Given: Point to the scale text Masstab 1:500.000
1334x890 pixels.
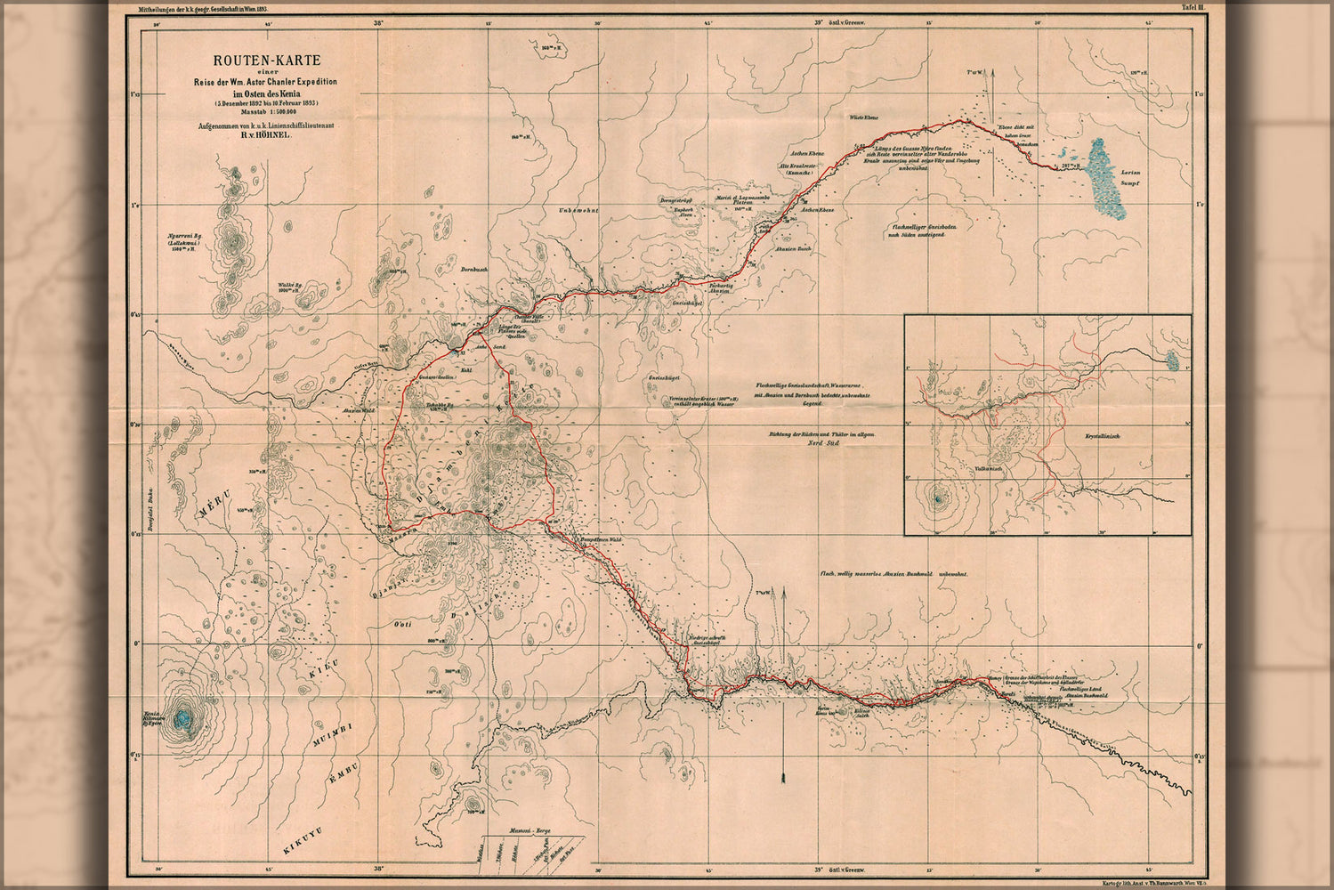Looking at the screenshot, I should click(x=255, y=113).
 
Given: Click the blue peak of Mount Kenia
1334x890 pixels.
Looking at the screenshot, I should click(x=184, y=719).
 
